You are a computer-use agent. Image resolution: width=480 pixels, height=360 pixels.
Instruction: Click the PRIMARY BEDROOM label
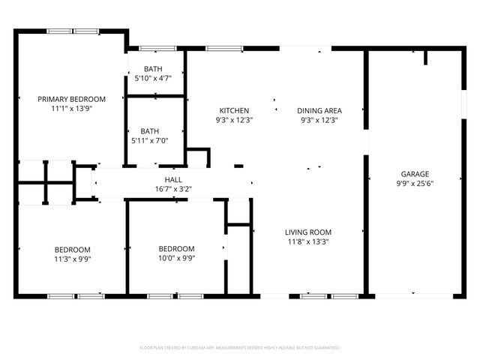(x=72, y=99)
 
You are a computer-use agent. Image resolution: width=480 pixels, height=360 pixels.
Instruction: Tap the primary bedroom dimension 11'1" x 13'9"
(x=72, y=109)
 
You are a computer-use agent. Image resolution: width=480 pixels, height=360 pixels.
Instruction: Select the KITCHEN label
(x=234, y=110)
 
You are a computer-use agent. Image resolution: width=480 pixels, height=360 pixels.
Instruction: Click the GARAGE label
(x=414, y=173)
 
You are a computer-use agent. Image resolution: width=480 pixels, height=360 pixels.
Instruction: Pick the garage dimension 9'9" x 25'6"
(x=414, y=183)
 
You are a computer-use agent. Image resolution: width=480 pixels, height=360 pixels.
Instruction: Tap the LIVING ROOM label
(x=308, y=232)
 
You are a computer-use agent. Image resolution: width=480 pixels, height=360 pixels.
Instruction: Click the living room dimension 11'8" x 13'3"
(x=308, y=242)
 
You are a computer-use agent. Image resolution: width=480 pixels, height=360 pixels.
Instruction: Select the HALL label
(x=173, y=180)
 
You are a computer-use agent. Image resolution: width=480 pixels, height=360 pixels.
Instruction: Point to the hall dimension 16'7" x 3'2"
(x=173, y=190)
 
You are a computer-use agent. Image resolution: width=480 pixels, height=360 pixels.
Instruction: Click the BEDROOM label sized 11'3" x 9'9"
(x=72, y=250)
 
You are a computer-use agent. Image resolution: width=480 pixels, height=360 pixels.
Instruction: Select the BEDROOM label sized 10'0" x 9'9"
(x=176, y=249)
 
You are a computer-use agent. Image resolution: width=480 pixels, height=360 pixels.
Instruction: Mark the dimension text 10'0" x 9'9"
(x=176, y=259)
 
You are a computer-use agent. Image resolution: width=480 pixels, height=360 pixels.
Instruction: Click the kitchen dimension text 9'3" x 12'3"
(x=234, y=120)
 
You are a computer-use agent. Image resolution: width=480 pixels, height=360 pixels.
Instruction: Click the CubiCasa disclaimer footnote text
(x=240, y=348)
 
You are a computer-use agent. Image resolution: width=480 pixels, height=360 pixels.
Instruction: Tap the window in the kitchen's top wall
(x=224, y=49)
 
